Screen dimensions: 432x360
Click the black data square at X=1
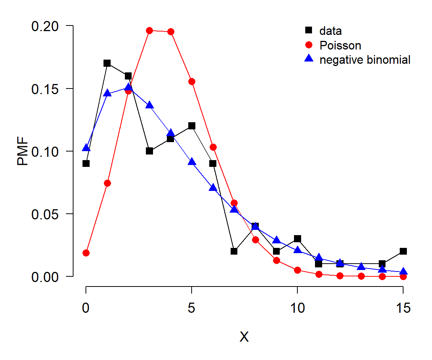(x=107, y=63)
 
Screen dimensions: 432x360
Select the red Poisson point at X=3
(x=149, y=31)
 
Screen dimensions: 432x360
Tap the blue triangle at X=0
(x=86, y=148)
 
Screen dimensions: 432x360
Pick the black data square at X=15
(x=403, y=251)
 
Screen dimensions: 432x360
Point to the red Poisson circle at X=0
(x=86, y=253)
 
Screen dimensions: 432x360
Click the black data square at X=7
(x=234, y=251)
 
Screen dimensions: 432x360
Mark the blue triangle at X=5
(x=192, y=162)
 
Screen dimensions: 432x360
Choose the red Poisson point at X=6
(x=213, y=147)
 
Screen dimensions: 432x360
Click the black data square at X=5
(x=192, y=126)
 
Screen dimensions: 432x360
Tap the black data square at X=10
(x=297, y=238)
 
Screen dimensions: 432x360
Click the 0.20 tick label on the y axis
(x=45, y=27)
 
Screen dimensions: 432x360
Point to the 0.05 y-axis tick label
(x=45, y=214)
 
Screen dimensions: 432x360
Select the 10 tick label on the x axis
(x=297, y=307)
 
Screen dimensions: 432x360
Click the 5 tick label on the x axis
(x=192, y=307)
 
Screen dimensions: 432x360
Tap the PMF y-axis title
(x=22, y=151)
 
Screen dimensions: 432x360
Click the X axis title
(x=244, y=337)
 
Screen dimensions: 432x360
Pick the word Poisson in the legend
(x=340, y=45)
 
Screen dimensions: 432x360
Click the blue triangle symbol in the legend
(x=309, y=58)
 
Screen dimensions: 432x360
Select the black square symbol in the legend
(x=309, y=30)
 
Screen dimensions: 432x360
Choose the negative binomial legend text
(x=365, y=60)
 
